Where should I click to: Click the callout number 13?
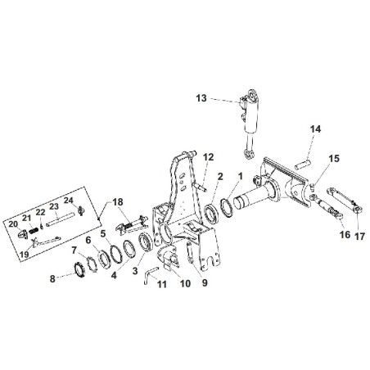[201, 98]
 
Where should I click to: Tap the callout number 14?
[315, 129]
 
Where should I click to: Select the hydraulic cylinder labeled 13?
[249, 124]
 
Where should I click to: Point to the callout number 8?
[52, 279]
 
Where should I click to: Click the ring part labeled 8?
[79, 269]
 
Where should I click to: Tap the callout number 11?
[162, 284]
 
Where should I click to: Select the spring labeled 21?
[34, 231]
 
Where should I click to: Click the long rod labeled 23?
[60, 219]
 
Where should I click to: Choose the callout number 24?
[69, 201]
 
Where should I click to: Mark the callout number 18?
[118, 202]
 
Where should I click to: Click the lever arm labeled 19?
[45, 241]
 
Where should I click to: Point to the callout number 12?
[209, 157]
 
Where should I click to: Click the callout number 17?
[359, 237]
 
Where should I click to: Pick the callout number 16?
[345, 234]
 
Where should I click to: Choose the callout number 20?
[13, 224]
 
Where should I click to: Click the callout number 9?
[205, 282]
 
